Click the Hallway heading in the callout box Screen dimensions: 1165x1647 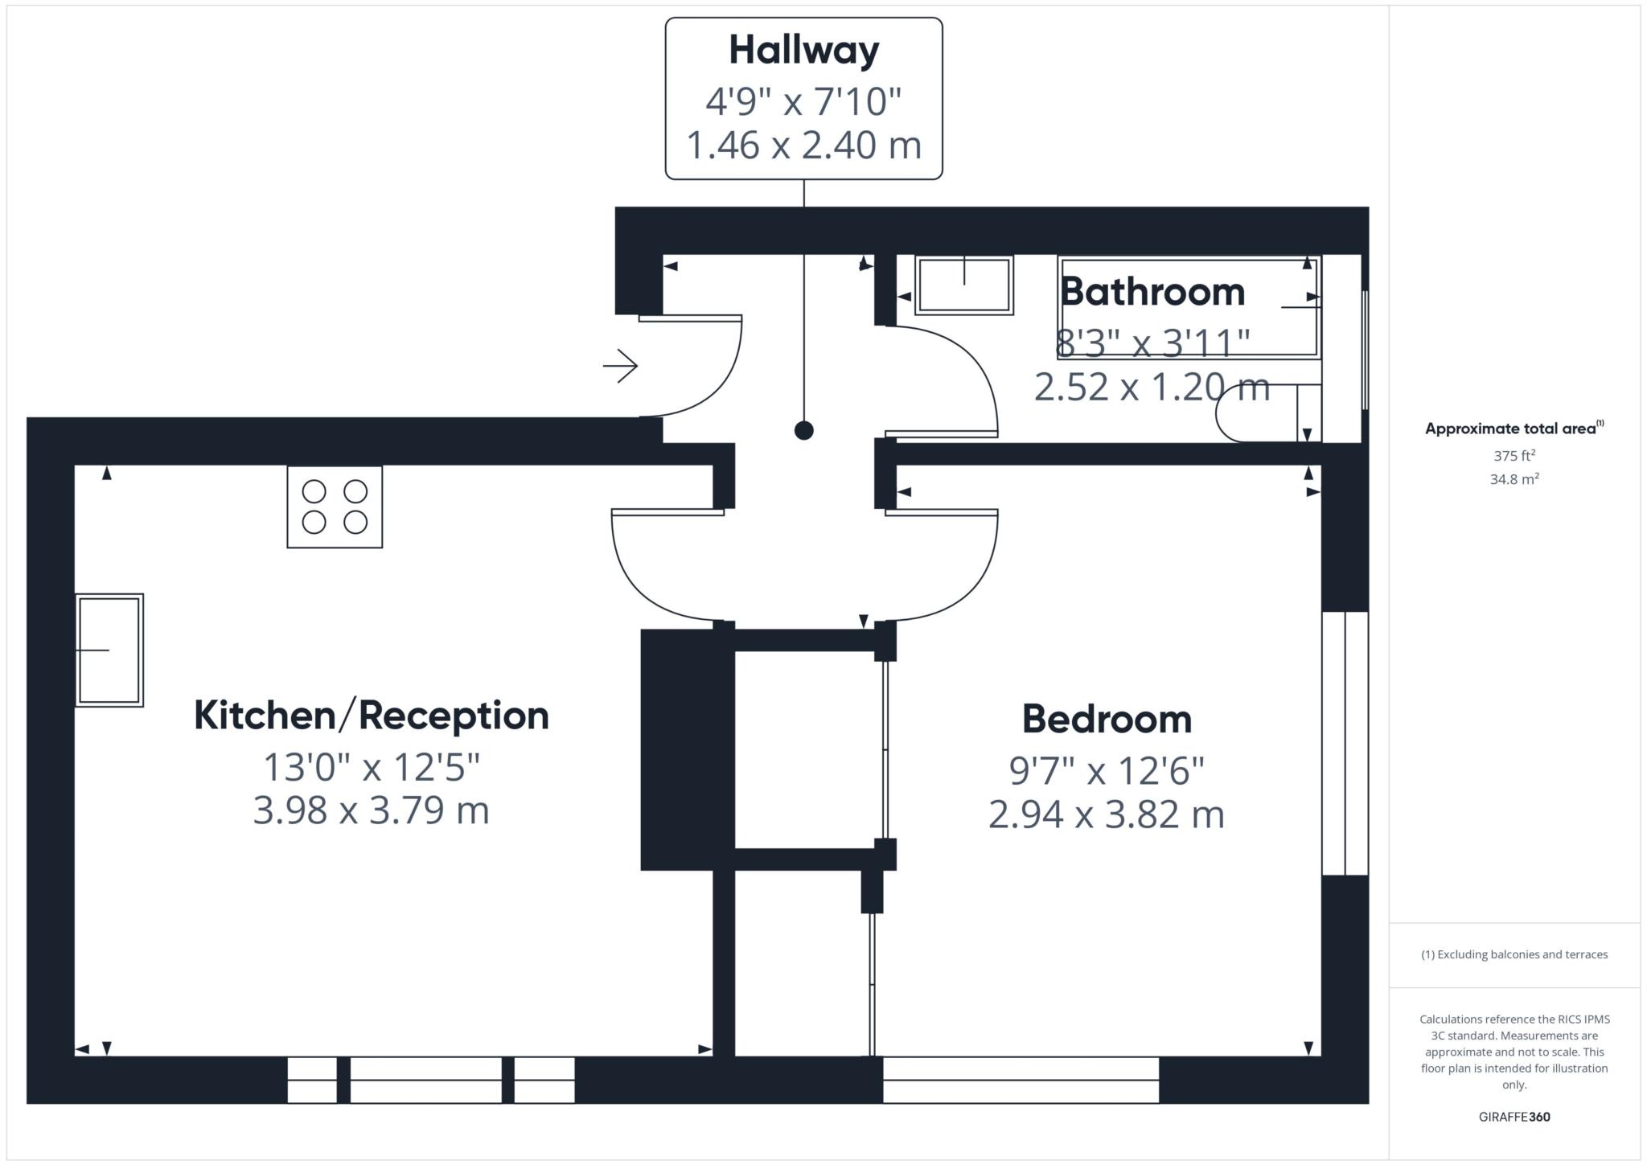pos(803,51)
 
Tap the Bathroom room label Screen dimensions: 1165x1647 pos(1152,291)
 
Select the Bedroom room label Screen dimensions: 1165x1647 pos(1107,719)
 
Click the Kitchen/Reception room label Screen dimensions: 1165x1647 pos(372,716)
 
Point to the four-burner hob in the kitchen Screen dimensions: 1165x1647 pos(335,507)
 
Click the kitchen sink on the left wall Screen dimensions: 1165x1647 pos(109,650)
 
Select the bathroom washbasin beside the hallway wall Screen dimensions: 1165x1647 pos(963,285)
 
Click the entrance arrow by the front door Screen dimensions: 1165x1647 pos(621,366)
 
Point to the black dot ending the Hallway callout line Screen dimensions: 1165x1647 pos(803,430)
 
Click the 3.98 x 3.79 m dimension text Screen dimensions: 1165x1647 pos(372,810)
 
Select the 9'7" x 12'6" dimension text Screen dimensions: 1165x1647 pos(1107,771)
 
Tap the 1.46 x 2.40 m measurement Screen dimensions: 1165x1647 pos(803,146)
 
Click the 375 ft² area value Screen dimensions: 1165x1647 pos(1514,456)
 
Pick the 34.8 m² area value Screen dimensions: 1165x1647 pos(1514,479)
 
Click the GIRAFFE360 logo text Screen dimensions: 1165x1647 pos(1514,1117)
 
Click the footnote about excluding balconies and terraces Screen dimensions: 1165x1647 pos(1514,954)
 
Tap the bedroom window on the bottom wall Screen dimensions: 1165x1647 pos(1021,1080)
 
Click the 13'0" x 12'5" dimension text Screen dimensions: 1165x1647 pos(372,767)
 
